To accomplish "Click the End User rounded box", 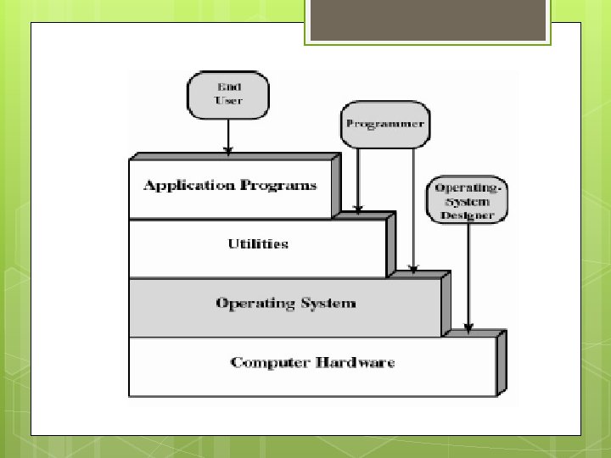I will pos(228,94).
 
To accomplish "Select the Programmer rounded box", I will pos(384,123).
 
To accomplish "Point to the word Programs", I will pos(283,185).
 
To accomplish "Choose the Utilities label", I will pos(258,244).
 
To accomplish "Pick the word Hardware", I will pos(356,362).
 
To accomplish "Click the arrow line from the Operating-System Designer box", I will pos(468,271).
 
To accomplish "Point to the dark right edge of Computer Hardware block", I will pos(502,363).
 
